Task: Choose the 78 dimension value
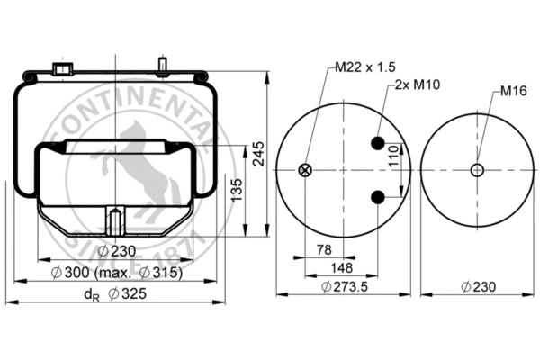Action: [x=322, y=247]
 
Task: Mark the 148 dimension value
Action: [x=340, y=267]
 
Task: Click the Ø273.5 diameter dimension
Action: [x=345, y=287]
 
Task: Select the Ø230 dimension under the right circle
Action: [x=478, y=287]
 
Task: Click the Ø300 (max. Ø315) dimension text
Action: [x=117, y=273]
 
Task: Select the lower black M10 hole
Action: [x=379, y=197]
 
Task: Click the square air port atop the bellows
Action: [x=62, y=69]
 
